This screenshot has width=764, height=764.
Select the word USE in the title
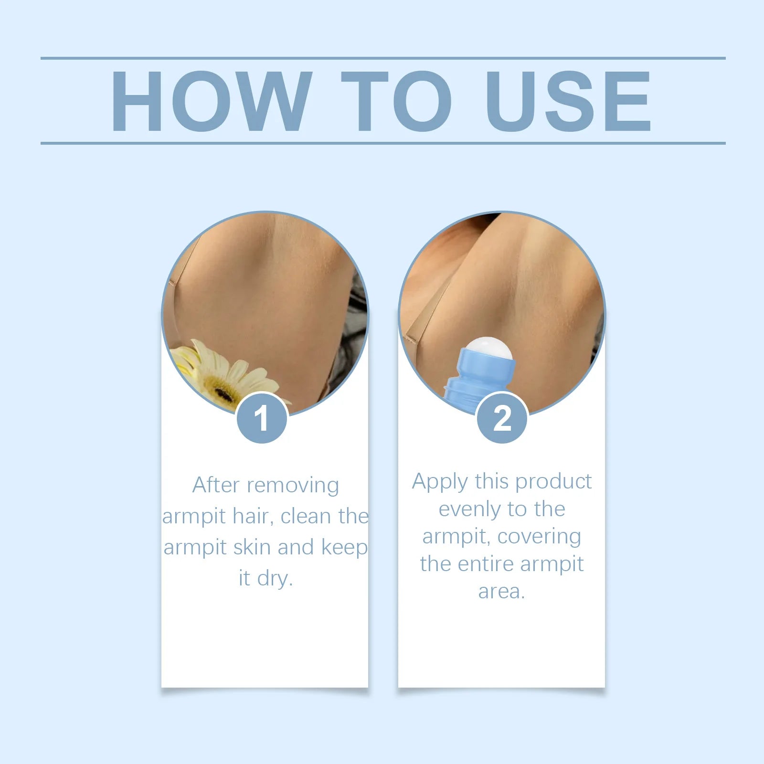(x=568, y=101)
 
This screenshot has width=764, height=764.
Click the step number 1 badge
(x=262, y=418)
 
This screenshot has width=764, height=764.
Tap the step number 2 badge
(x=502, y=418)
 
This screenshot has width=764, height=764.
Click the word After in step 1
(x=216, y=485)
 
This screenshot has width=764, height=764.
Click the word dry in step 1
(x=274, y=579)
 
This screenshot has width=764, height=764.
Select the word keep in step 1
(x=344, y=548)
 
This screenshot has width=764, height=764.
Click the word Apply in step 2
(x=440, y=482)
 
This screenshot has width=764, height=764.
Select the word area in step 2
(x=501, y=592)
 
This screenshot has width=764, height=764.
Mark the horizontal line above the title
(x=382, y=58)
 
